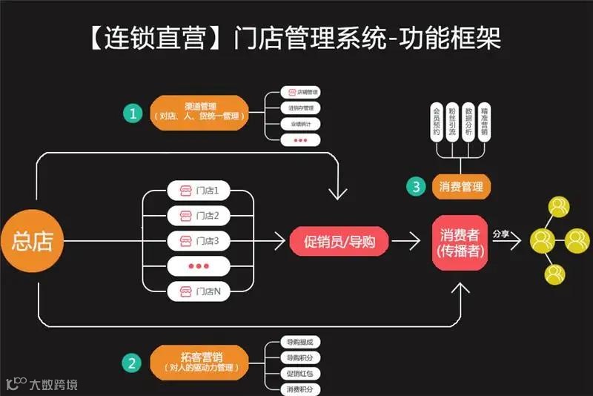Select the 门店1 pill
(199, 191)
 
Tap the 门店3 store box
(199, 241)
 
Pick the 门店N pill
(199, 291)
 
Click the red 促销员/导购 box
(337, 241)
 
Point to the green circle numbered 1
(133, 113)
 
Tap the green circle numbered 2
(132, 363)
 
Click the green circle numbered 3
(417, 185)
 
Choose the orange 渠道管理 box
(199, 113)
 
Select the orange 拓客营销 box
(199, 363)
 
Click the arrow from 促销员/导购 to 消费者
(406, 241)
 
